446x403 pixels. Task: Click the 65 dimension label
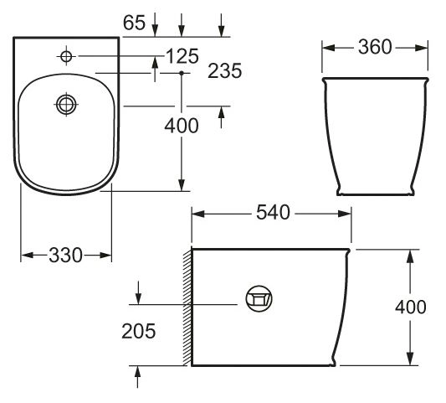pos(134,23)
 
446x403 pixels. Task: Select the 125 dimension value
pos(182,56)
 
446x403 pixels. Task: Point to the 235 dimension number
pos(225,71)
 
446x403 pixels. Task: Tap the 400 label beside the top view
pos(182,127)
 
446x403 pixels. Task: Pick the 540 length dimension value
pos(273,213)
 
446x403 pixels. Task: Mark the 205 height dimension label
pos(139,331)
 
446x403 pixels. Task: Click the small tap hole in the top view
pos(66,56)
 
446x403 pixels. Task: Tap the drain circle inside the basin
pos(66,104)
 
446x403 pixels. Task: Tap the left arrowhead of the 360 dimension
pos(327,48)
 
